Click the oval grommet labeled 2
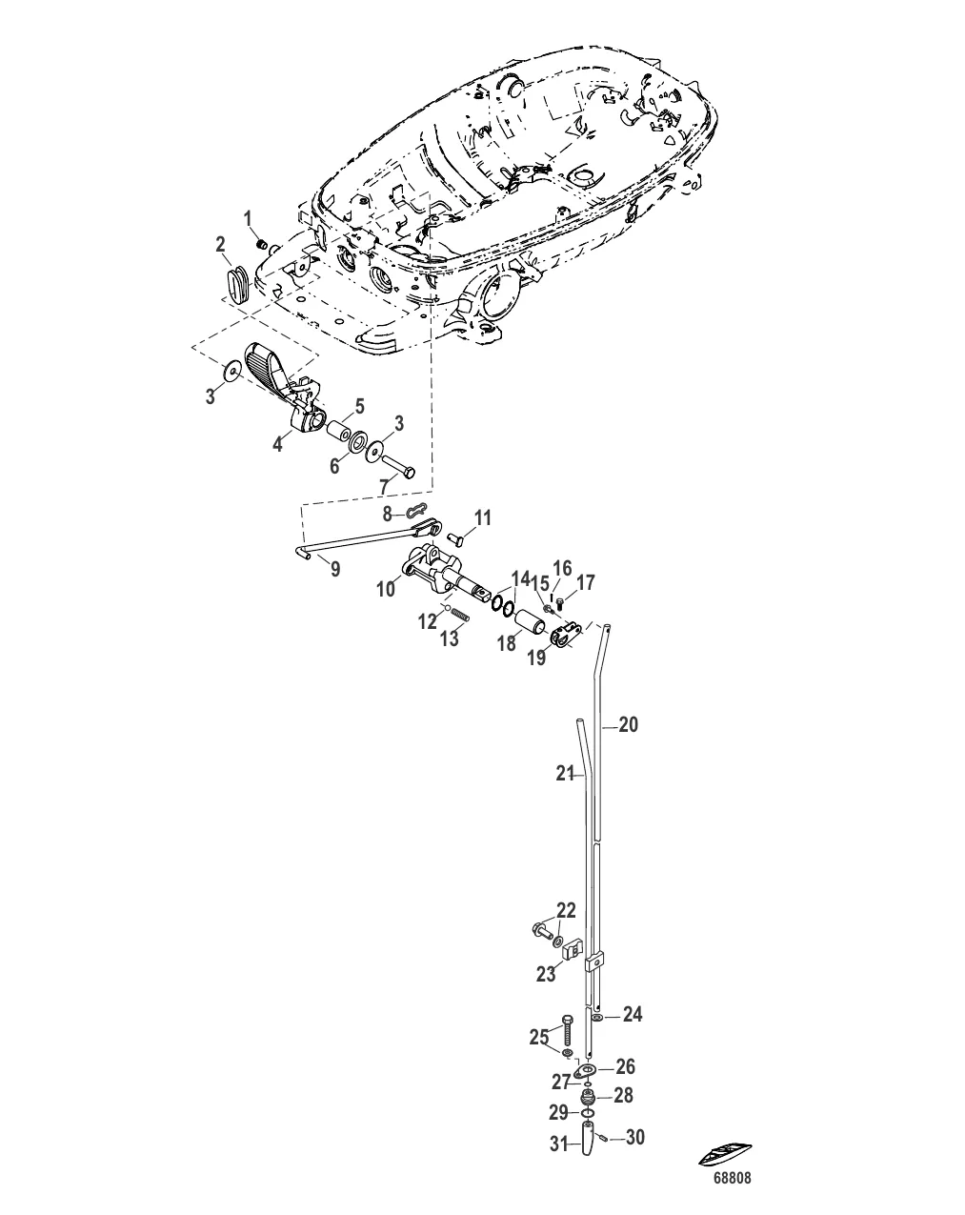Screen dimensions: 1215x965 (237, 285)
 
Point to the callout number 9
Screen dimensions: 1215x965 (333, 569)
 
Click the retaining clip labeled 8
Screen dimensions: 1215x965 (414, 512)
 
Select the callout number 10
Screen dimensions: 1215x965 (385, 590)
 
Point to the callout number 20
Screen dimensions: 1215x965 (628, 725)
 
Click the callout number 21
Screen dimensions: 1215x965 (565, 775)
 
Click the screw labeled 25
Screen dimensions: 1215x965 (566, 1031)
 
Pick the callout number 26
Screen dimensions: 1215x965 (625, 1067)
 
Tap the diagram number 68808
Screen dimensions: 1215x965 (733, 1178)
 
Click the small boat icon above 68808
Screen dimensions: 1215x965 (728, 1154)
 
